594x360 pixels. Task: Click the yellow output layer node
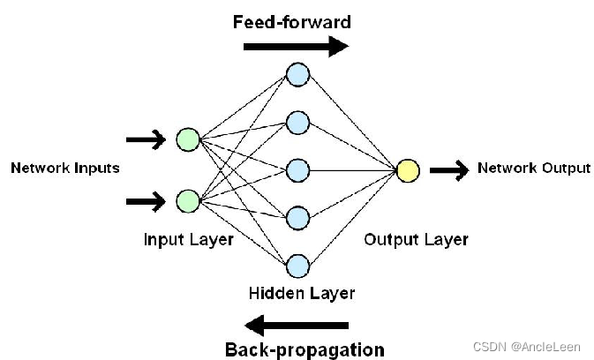coord(408,170)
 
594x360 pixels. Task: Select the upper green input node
coord(188,139)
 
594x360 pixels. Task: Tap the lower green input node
coord(188,201)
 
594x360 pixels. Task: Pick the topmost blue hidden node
coord(297,75)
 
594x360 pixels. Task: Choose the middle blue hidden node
coord(297,170)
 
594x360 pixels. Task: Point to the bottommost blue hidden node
coord(297,266)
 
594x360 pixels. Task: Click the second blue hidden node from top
coord(297,123)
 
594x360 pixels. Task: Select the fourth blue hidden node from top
coord(297,218)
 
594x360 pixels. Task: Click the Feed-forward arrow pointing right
coord(296,47)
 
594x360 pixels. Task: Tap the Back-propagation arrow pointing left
coord(297,326)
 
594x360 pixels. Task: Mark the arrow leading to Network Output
coord(449,170)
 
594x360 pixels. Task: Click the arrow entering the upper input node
coord(146,139)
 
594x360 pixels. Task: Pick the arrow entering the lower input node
coord(146,201)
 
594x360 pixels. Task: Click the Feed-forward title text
coord(291,22)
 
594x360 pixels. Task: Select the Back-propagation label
coord(305,349)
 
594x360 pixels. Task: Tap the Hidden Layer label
coord(302,293)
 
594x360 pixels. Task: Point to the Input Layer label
coord(189,240)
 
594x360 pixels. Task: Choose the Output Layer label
coord(417,240)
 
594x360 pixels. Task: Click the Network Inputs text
coord(65,168)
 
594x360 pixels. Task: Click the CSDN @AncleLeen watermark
coord(527,347)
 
